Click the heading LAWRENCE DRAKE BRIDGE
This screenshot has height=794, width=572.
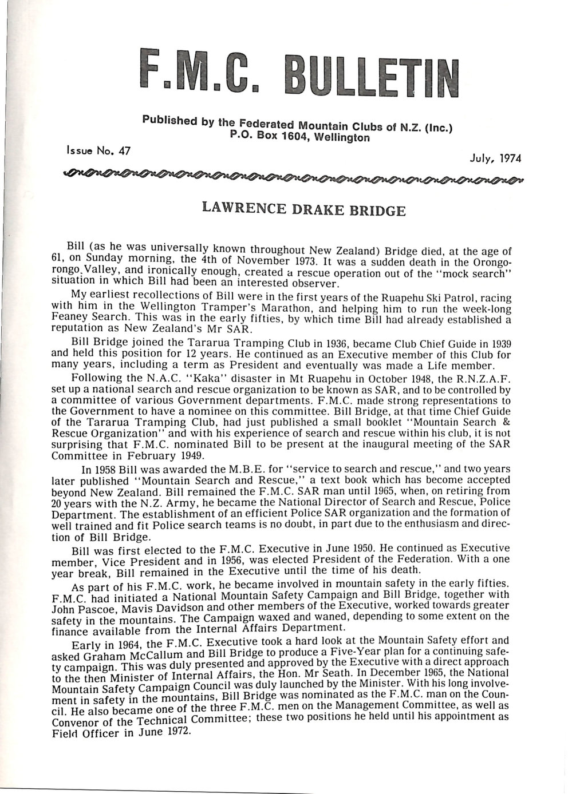[304, 209]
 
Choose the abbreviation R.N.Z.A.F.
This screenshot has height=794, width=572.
[480, 380]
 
